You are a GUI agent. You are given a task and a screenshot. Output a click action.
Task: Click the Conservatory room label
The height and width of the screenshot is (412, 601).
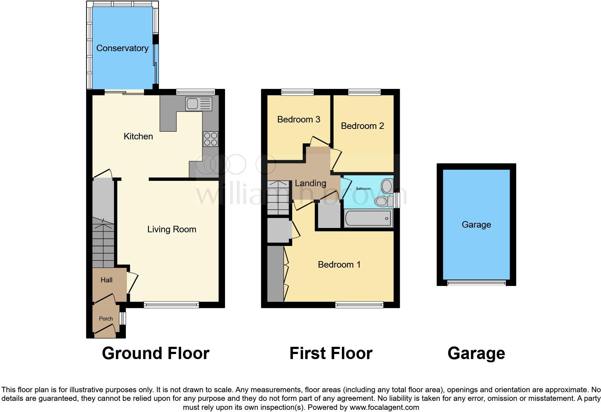point(122,48)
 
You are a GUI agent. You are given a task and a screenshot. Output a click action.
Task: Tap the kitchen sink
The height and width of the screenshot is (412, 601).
point(199,104)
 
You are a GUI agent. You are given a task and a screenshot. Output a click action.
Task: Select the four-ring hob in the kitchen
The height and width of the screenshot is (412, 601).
point(211,139)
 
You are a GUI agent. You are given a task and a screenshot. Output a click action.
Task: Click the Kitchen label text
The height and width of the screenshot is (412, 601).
point(138,136)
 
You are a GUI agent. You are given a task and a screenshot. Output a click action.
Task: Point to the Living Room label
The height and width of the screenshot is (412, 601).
point(171,229)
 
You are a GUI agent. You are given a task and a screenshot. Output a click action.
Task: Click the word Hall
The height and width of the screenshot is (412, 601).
point(106,280)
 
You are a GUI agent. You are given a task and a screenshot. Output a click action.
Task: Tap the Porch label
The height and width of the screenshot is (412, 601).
point(106,319)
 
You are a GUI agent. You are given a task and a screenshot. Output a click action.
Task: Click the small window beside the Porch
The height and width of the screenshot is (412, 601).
point(123,318)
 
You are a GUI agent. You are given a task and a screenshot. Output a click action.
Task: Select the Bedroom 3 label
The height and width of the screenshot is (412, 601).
point(298,120)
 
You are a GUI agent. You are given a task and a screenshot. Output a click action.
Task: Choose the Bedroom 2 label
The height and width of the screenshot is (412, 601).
point(362,126)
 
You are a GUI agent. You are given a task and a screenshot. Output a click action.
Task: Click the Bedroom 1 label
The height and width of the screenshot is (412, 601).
point(339,265)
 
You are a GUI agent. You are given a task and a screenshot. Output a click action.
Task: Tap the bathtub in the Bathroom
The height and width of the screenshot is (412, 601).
point(368,218)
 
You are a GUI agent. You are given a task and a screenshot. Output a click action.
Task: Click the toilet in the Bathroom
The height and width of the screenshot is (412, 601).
point(382,201)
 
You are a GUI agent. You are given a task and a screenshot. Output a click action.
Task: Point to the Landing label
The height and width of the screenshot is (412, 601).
point(310,183)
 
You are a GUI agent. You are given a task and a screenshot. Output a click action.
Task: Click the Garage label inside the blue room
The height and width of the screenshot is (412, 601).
point(476,225)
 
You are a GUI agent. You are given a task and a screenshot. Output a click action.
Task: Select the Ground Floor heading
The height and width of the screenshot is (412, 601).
point(155,353)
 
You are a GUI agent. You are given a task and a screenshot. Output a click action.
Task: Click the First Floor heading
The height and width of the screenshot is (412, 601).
point(331,353)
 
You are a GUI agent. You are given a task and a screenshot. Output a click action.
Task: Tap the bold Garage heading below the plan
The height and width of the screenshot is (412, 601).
point(476,353)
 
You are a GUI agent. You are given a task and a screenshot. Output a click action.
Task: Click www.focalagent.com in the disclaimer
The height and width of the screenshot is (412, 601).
point(384,408)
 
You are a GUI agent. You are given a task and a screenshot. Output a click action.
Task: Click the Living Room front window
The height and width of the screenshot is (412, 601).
point(171,305)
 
